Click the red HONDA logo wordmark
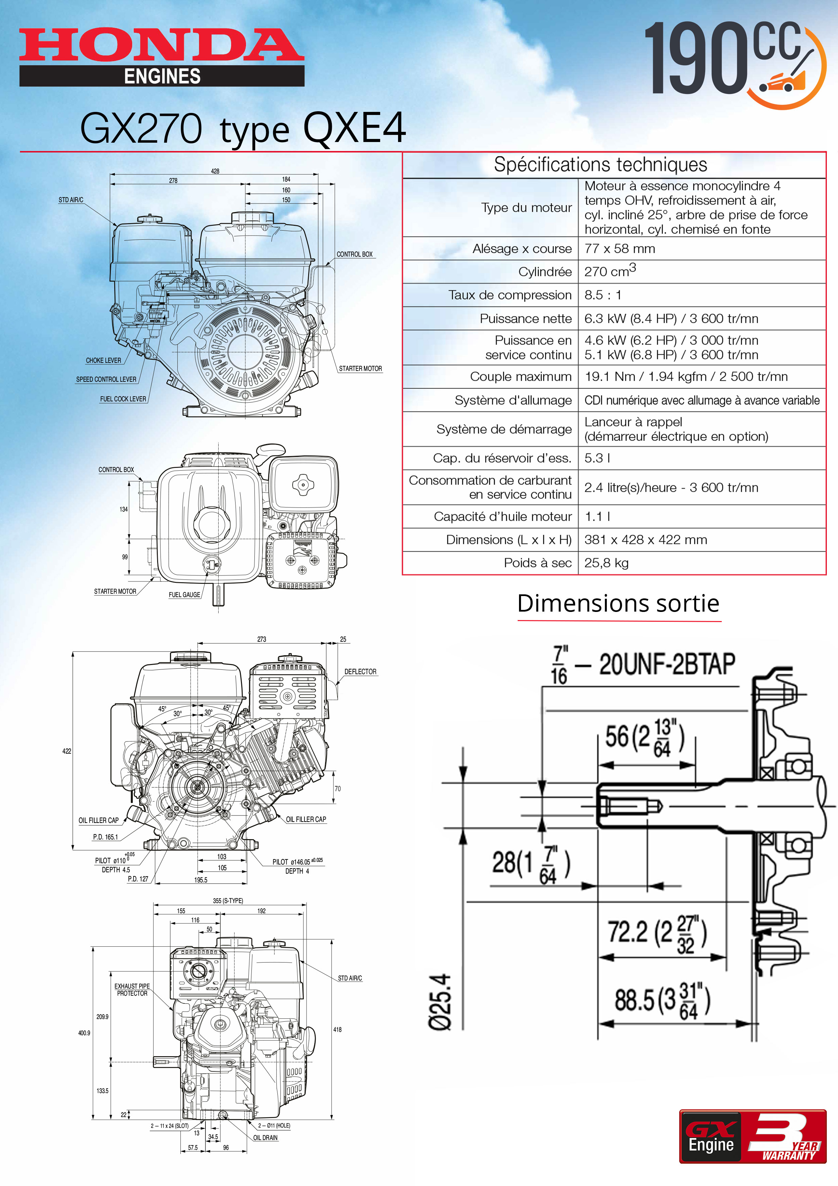(161, 45)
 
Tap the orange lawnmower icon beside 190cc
(785, 80)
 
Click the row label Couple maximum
(520, 377)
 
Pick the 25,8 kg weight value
(606, 563)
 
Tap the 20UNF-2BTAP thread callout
(666, 664)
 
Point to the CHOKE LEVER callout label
(103, 360)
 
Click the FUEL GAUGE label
(184, 595)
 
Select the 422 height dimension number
(67, 751)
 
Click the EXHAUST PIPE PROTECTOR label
(132, 990)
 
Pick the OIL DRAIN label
(265, 1137)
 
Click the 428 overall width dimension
(215, 171)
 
